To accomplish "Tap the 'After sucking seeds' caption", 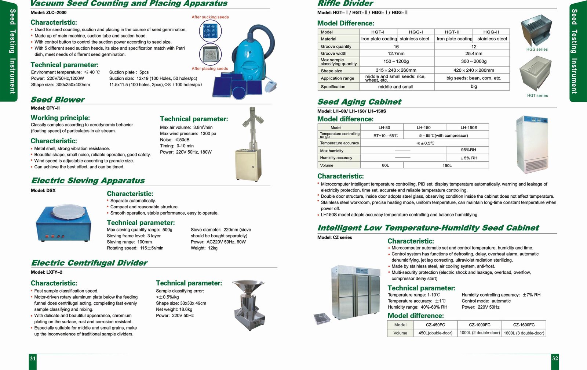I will coord(210,17).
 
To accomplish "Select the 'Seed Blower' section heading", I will coord(58,100).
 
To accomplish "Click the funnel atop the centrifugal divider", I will coord(248,286).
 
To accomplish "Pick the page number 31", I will coord(33,359).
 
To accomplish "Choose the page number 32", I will coord(555,359).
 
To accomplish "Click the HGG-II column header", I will coord(491,32).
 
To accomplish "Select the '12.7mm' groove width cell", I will coord(396,54).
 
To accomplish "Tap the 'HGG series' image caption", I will coord(537,49).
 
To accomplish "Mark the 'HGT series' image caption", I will coord(537,96).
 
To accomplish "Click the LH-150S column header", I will coord(468,127).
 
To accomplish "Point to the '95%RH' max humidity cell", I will coord(468,150).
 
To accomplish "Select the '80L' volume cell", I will coord(385,165).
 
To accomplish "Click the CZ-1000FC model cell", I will coord(480,325).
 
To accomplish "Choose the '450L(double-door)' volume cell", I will coord(435,333).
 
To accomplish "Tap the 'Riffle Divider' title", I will coord(345,4).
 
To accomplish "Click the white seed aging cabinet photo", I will coord(532,144).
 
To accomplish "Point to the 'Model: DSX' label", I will coord(43,190).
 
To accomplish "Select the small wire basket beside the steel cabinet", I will coord(322,318).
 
